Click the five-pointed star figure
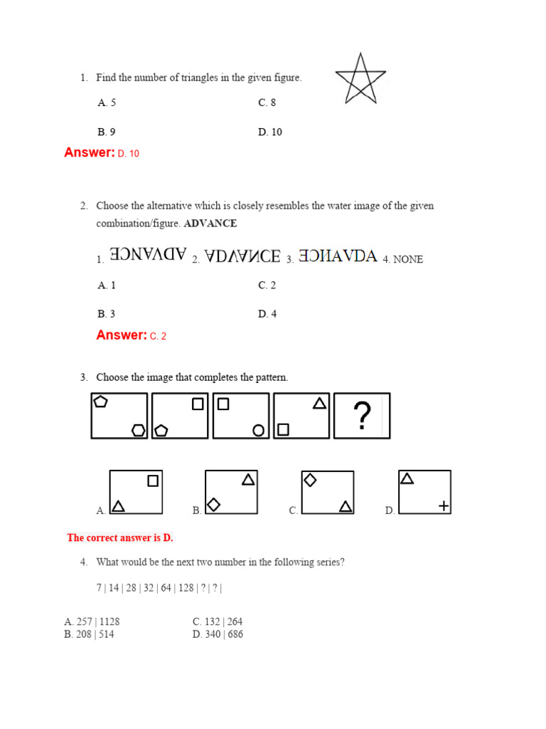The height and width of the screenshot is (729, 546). tap(361, 79)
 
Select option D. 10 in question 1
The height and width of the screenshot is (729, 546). tap(270, 132)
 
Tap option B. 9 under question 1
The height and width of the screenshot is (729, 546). tap(107, 132)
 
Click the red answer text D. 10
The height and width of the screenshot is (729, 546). tap(129, 153)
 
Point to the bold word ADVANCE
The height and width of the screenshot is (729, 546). tap(210, 224)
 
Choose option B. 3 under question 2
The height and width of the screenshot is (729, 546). tap(107, 314)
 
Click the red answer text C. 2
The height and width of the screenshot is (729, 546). tap(158, 336)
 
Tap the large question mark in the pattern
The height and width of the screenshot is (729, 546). tap(362, 416)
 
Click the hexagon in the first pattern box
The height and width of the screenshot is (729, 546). tap(139, 429)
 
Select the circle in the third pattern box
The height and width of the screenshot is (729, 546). tap(259, 430)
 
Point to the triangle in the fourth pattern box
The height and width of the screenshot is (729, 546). tap(320, 404)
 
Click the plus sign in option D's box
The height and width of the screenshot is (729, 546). tap(444, 505)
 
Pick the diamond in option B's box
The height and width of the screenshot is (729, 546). tap(213, 504)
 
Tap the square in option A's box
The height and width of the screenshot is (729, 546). tap(153, 481)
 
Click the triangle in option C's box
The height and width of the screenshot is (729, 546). tap(346, 506)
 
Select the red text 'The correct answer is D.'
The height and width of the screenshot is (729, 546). tap(120, 537)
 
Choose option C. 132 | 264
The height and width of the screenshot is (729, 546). tap(218, 622)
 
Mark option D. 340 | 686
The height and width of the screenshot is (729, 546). tap(218, 634)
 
